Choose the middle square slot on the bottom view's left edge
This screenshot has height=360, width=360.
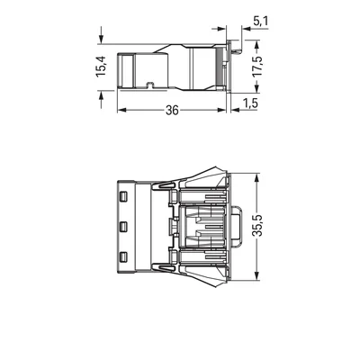[x=121, y=223]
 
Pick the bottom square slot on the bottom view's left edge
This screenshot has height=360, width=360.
[x=121, y=258]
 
